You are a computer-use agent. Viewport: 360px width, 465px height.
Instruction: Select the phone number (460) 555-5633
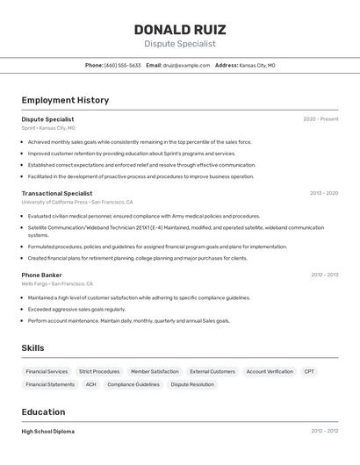122,66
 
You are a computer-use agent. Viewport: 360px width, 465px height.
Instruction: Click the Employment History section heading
65,100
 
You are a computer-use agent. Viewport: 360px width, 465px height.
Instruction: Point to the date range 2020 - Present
320,119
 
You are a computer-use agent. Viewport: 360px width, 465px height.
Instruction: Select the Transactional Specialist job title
56,193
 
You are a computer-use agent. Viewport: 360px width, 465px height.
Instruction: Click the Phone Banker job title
41,275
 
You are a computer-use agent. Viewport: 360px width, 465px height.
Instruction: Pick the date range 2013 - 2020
323,193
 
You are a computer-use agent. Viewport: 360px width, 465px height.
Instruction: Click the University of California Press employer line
77,203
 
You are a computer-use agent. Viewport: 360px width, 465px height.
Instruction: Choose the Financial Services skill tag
47,371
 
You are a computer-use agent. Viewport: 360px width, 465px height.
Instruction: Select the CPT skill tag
309,371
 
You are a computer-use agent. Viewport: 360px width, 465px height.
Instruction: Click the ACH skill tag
90,384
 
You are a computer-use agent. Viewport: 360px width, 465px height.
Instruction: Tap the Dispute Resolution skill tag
191,384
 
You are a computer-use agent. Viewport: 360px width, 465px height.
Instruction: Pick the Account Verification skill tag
270,371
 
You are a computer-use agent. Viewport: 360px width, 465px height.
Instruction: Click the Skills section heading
32,348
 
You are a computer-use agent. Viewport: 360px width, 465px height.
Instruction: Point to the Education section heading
43,412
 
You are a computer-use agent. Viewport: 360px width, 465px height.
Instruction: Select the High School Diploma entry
47,432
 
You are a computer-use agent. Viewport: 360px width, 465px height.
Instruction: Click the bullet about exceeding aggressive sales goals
76,310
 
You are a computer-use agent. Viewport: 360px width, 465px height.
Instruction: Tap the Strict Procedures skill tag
99,371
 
